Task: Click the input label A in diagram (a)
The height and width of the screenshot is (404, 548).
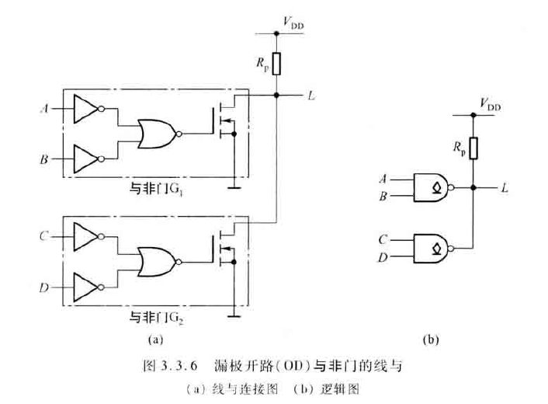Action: [x=43, y=110]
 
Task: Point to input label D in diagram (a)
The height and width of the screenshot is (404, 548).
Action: [x=43, y=287]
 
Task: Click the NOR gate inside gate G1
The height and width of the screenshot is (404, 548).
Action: [x=158, y=134]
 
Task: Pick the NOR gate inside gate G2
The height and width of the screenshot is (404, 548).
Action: [x=158, y=260]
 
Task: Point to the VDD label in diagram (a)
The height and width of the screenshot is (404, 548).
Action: [x=293, y=26]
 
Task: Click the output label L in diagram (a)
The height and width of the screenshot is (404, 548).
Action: [x=310, y=96]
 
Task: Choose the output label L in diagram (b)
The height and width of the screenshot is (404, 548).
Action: [x=505, y=187]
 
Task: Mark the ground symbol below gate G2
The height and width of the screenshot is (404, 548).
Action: [x=233, y=314]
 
